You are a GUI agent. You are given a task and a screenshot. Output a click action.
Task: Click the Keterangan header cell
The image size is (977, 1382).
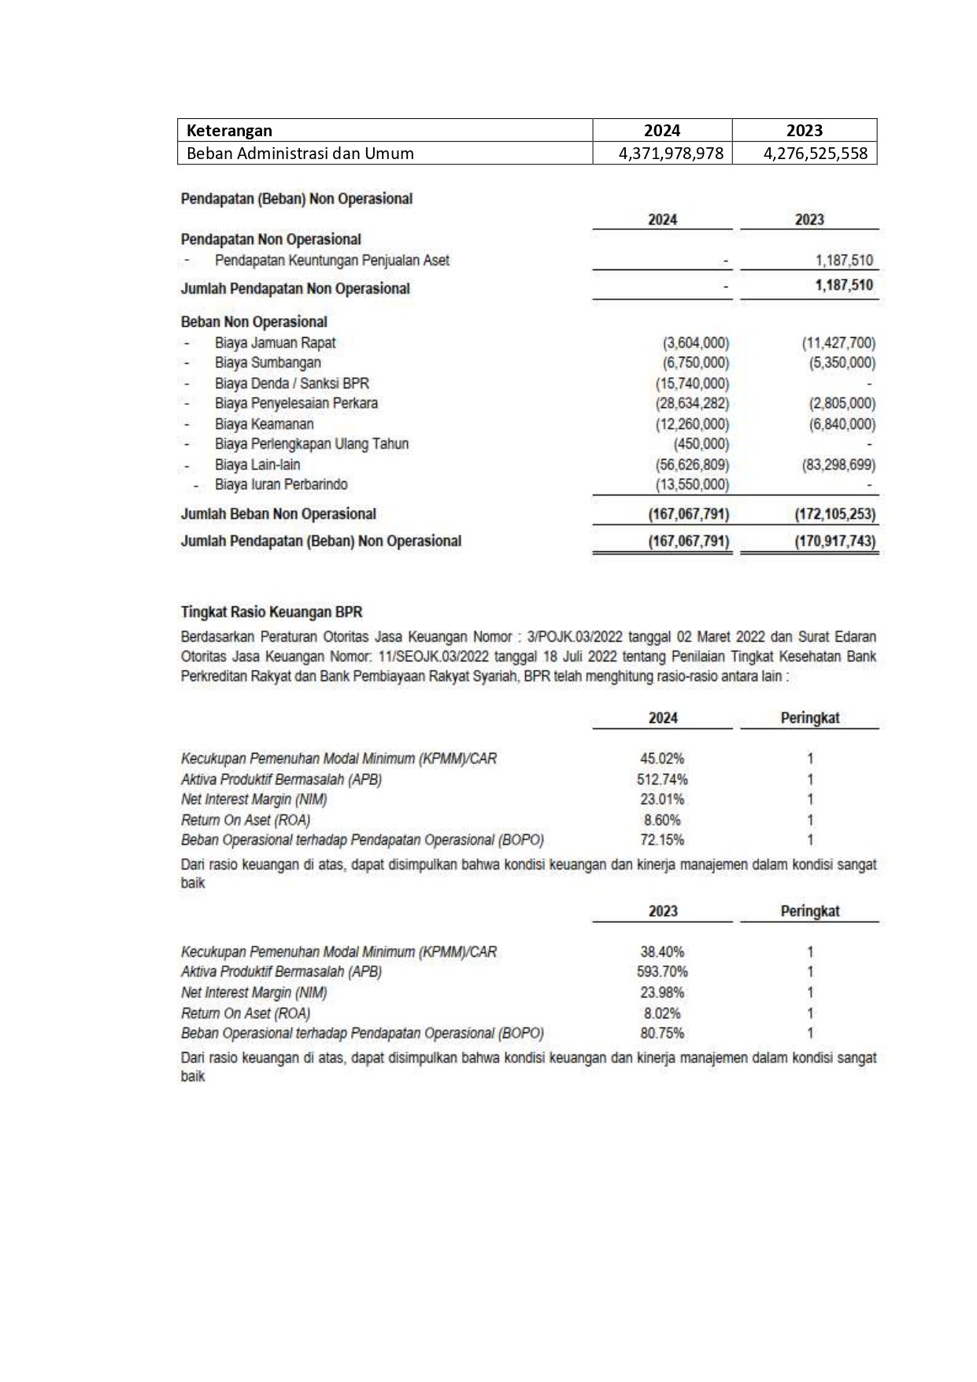tap(229, 131)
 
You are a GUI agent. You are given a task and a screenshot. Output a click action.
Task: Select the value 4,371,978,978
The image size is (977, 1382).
tap(671, 154)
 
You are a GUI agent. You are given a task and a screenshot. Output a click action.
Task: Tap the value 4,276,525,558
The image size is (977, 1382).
tap(815, 154)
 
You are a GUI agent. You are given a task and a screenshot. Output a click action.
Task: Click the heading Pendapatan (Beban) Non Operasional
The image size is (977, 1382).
tap(297, 198)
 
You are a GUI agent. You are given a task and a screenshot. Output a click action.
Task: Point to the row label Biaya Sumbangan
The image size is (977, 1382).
tap(268, 363)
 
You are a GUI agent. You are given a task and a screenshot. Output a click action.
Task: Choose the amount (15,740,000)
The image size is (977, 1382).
tap(692, 383)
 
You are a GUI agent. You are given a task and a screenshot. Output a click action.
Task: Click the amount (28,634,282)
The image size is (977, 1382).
tap(692, 403)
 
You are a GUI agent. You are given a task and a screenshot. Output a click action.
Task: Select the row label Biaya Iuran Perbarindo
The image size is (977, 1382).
tap(281, 485)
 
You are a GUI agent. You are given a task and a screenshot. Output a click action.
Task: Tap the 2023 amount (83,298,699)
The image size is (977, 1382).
tap(838, 465)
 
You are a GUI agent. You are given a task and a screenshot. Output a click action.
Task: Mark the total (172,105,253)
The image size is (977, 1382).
tap(835, 514)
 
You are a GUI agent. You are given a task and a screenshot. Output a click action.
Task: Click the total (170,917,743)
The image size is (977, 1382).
tap(835, 542)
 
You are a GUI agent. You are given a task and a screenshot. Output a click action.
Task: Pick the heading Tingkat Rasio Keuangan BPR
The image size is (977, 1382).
tap(272, 612)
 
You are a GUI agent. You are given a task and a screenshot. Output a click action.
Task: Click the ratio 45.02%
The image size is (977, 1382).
tap(662, 759)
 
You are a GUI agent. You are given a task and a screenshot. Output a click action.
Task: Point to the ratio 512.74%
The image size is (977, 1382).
tap(662, 780)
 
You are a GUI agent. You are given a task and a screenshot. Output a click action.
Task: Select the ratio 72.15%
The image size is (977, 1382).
tap(662, 840)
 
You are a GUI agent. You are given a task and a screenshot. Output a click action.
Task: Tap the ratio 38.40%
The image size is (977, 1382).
tap(662, 952)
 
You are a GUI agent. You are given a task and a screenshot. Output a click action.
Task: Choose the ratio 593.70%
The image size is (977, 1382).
tap(662, 972)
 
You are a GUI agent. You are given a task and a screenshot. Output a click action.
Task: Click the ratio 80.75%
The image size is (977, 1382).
tap(662, 1033)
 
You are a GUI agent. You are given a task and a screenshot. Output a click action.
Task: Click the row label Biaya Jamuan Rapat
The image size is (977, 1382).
tap(275, 343)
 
